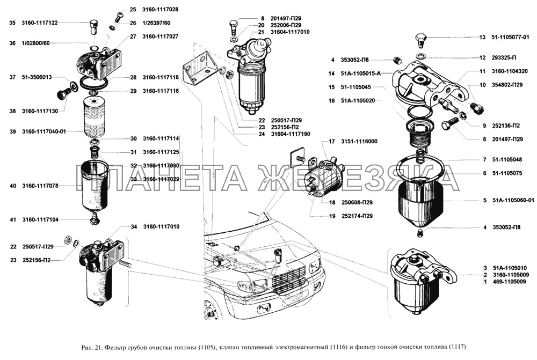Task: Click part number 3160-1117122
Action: [x=40, y=23]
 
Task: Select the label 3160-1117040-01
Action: [x=43, y=131]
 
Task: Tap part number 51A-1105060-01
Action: [x=513, y=200]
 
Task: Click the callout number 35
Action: [x=12, y=23]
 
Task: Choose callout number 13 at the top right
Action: [x=482, y=37]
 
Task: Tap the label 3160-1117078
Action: [x=40, y=186]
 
